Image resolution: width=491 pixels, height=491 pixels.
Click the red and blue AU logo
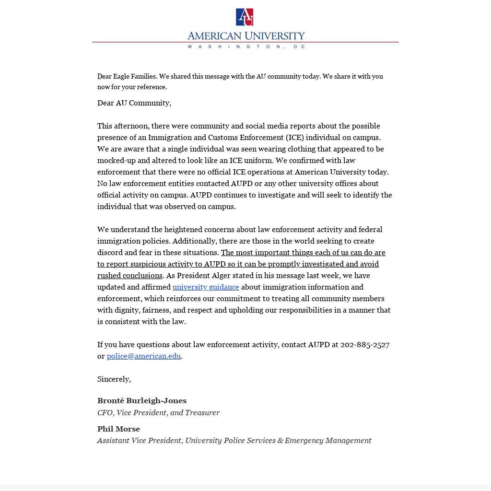click(245, 17)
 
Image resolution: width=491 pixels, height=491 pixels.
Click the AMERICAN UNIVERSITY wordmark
click(245, 36)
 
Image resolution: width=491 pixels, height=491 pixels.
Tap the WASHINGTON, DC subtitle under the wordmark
click(245, 47)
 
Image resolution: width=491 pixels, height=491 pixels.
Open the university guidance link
click(206, 287)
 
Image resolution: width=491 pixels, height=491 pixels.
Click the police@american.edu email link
click(144, 356)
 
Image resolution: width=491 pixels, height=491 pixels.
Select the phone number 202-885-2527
click(365, 344)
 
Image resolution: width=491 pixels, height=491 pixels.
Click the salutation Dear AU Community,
click(134, 103)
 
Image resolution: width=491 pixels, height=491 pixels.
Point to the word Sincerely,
click(114, 379)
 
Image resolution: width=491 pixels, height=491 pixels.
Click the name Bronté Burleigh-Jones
click(142, 400)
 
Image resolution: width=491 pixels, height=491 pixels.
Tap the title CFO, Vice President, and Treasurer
click(158, 412)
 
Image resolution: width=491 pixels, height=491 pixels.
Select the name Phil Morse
click(118, 429)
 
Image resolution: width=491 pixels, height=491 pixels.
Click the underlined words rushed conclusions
click(130, 275)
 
